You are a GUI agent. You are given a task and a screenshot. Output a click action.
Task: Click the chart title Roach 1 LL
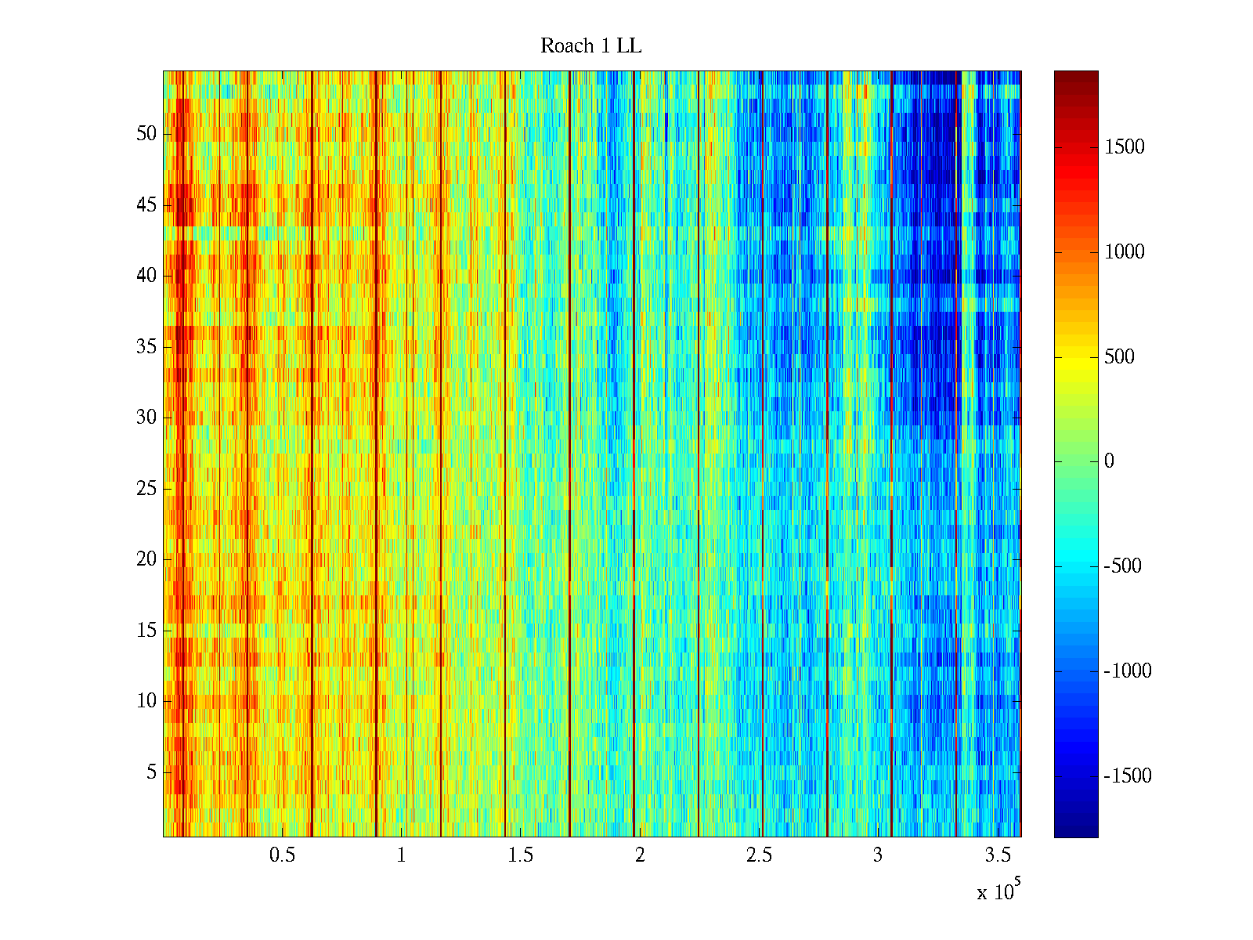click(590, 46)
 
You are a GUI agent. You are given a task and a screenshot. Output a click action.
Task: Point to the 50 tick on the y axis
click(146, 134)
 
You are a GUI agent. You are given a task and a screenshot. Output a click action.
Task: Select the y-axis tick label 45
click(146, 205)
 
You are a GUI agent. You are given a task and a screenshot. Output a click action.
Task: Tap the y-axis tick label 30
click(146, 418)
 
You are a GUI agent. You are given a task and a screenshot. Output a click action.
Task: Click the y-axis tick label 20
click(146, 559)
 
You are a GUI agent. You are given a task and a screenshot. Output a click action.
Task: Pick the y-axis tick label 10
click(146, 701)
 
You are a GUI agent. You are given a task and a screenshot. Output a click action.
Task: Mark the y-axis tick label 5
click(151, 772)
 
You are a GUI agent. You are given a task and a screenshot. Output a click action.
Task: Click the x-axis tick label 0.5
click(282, 855)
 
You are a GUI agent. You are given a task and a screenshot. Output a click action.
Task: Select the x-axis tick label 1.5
click(521, 855)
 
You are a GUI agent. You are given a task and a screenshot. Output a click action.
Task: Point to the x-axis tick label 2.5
click(759, 855)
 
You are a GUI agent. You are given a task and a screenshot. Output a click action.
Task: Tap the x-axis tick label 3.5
click(998, 855)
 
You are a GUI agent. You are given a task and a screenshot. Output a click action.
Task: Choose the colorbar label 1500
click(1124, 147)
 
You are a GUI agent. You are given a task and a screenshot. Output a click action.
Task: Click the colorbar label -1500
click(1127, 776)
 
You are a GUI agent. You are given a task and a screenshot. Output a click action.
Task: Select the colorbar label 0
click(1109, 461)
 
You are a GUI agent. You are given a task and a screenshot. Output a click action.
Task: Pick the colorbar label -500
click(1122, 566)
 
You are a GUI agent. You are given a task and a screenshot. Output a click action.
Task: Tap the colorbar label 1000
click(1124, 252)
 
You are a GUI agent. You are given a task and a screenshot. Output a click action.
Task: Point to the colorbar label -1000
click(1127, 671)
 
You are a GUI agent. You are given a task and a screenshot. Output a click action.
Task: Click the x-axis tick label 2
click(640, 855)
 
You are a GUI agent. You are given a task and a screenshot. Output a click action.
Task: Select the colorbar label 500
click(1119, 357)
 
